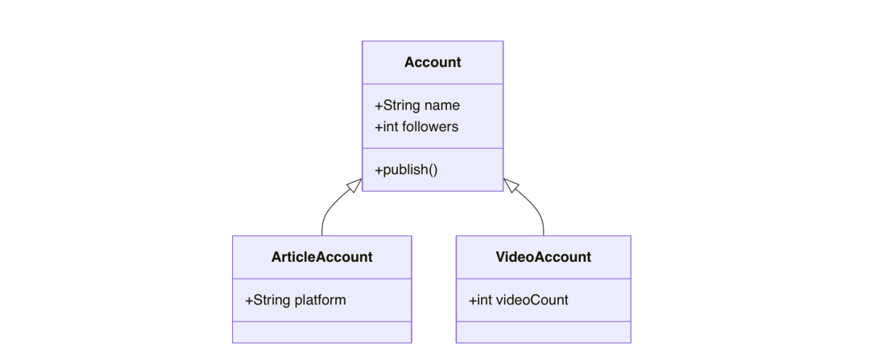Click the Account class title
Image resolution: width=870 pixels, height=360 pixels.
pos(433,62)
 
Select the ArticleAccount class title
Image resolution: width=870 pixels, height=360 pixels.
pos(321,257)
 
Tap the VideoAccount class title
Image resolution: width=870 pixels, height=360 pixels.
pos(543,257)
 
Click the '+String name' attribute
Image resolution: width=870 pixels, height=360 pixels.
pos(417,106)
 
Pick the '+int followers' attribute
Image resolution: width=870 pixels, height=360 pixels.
pos(416,126)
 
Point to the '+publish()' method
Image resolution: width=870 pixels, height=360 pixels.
pos(406,170)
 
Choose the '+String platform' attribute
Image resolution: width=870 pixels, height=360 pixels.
pos(295,300)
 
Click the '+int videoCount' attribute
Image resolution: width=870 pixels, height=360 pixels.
pos(518,300)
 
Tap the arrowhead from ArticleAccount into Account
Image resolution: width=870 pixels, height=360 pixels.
pos(355,185)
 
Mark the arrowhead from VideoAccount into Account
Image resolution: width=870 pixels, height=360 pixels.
pos(511,185)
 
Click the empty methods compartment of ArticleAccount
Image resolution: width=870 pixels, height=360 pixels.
pos(321,333)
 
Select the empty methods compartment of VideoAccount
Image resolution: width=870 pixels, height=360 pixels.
pos(543,333)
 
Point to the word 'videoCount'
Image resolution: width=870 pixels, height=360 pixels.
pos(532,300)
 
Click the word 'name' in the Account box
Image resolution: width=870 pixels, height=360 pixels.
pos(442,106)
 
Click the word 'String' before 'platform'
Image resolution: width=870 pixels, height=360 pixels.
pos(271,300)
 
